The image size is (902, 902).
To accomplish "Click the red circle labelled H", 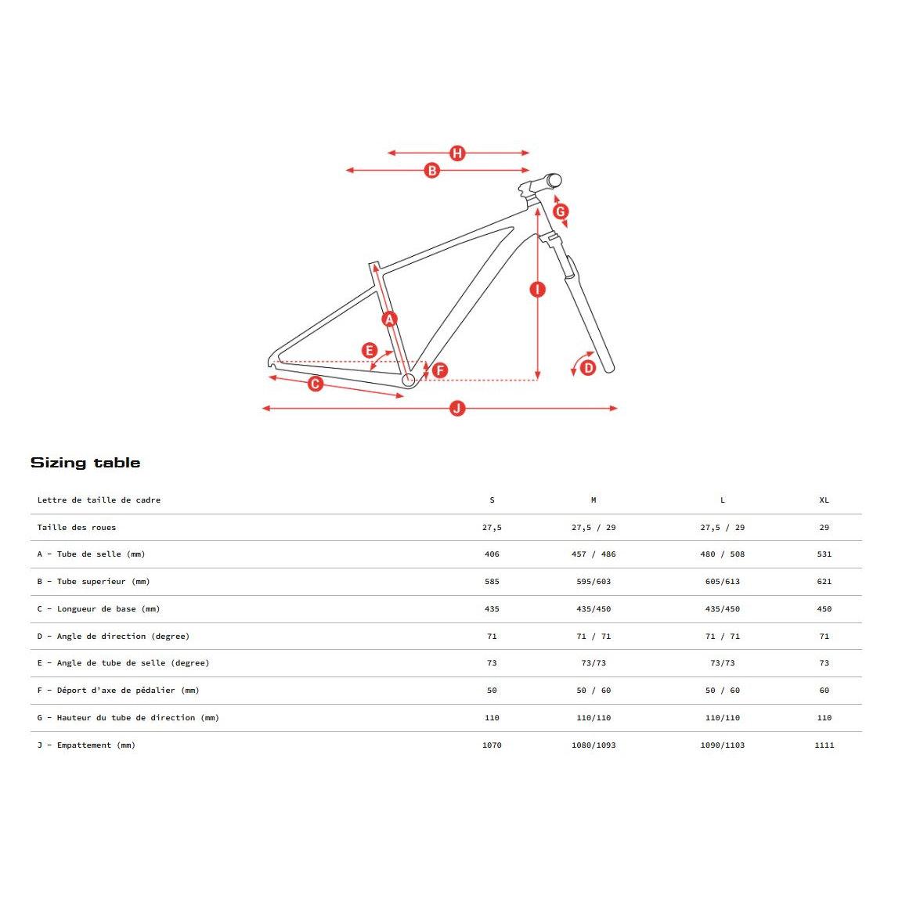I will point(457,153).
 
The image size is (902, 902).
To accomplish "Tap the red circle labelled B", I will point(431,171).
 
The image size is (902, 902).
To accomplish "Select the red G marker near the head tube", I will point(561,211).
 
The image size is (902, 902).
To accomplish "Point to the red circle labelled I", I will point(537,290).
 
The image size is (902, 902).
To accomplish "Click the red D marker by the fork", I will point(588,367).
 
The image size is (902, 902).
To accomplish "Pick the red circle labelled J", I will point(457,408).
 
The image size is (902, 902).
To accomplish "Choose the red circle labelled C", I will point(316,384).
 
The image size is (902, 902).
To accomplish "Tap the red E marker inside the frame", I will point(370,351).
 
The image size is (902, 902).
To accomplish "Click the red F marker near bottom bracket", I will point(440,370).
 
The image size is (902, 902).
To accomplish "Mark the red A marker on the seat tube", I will point(389,319).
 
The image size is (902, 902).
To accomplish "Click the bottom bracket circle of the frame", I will point(409,381).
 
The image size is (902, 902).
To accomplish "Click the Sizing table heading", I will point(85,463).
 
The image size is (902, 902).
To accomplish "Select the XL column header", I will point(824,500).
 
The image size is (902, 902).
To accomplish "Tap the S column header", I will point(492,500).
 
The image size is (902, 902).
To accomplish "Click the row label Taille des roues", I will point(77,528).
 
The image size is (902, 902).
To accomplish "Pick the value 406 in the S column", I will point(492,554).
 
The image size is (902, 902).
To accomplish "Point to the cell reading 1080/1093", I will point(594,745).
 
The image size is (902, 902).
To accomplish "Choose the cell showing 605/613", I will point(722,582).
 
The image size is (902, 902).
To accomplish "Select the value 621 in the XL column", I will point(824,582).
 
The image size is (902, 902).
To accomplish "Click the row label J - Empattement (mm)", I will point(86,745).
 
